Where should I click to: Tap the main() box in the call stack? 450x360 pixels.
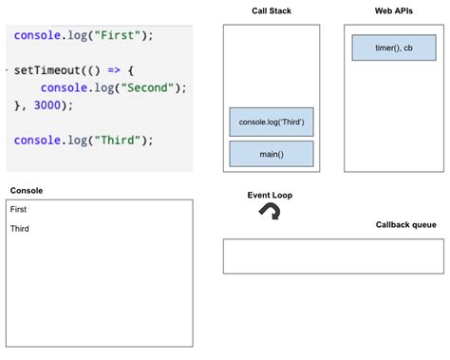coord(271,154)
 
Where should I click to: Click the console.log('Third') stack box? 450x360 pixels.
coord(271,122)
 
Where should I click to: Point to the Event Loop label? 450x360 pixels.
coord(270,195)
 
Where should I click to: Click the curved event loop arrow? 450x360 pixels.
coord(270,213)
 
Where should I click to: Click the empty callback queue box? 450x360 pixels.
coord(333,256)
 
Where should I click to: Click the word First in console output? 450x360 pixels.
coord(19,209)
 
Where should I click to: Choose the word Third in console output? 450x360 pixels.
coord(20,229)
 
